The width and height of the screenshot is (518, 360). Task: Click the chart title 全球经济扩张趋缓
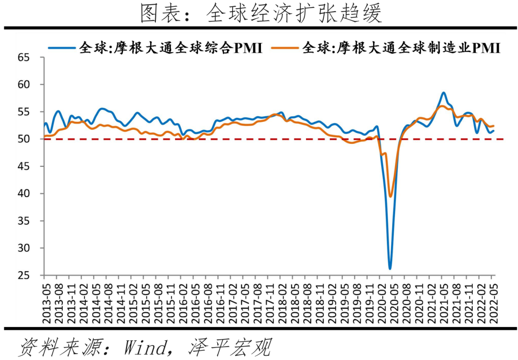point(261,13)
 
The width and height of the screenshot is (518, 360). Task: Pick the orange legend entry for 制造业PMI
point(386,48)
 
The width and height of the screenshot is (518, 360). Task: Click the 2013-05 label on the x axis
point(44,300)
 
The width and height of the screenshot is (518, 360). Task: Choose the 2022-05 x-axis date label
point(491,300)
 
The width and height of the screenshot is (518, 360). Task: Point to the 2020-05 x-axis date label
point(392,300)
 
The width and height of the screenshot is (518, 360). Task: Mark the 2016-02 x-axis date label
point(181,300)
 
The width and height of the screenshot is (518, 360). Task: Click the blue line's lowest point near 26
point(390,268)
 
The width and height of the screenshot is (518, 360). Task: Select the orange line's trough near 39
point(390,196)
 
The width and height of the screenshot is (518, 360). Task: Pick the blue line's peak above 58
point(444,93)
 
